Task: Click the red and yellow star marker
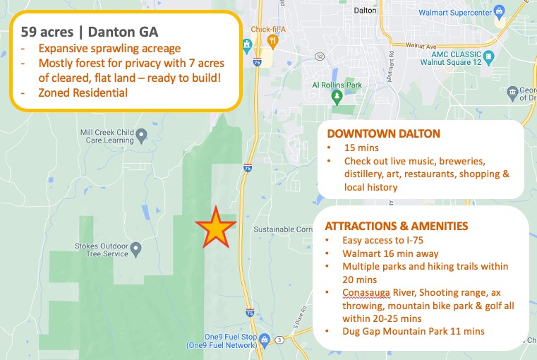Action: point(215,229)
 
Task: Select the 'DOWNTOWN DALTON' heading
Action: point(383,133)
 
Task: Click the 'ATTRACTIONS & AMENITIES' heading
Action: point(396,226)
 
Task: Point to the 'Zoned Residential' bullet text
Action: point(83,92)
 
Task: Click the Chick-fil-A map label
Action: point(269,29)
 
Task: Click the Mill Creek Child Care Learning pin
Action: point(141,133)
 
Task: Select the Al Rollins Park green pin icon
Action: point(337,99)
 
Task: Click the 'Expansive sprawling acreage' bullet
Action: point(109,49)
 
